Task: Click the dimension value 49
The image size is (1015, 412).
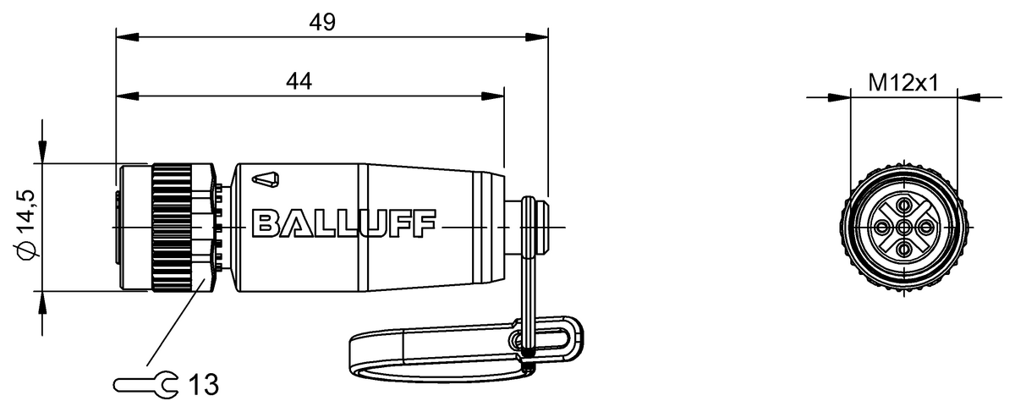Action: coord(322,22)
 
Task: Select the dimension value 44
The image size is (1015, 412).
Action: coord(299,81)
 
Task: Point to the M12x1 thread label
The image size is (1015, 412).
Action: coord(903,83)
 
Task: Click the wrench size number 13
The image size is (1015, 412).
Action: coord(204,384)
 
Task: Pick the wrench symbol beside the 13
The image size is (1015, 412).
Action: coord(145,385)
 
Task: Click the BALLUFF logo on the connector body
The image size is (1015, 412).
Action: coord(344,223)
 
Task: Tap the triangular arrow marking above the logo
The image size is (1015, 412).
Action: coord(266,180)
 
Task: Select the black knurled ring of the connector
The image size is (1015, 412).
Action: coord(172,228)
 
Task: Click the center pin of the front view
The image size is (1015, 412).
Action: coord(904,227)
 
